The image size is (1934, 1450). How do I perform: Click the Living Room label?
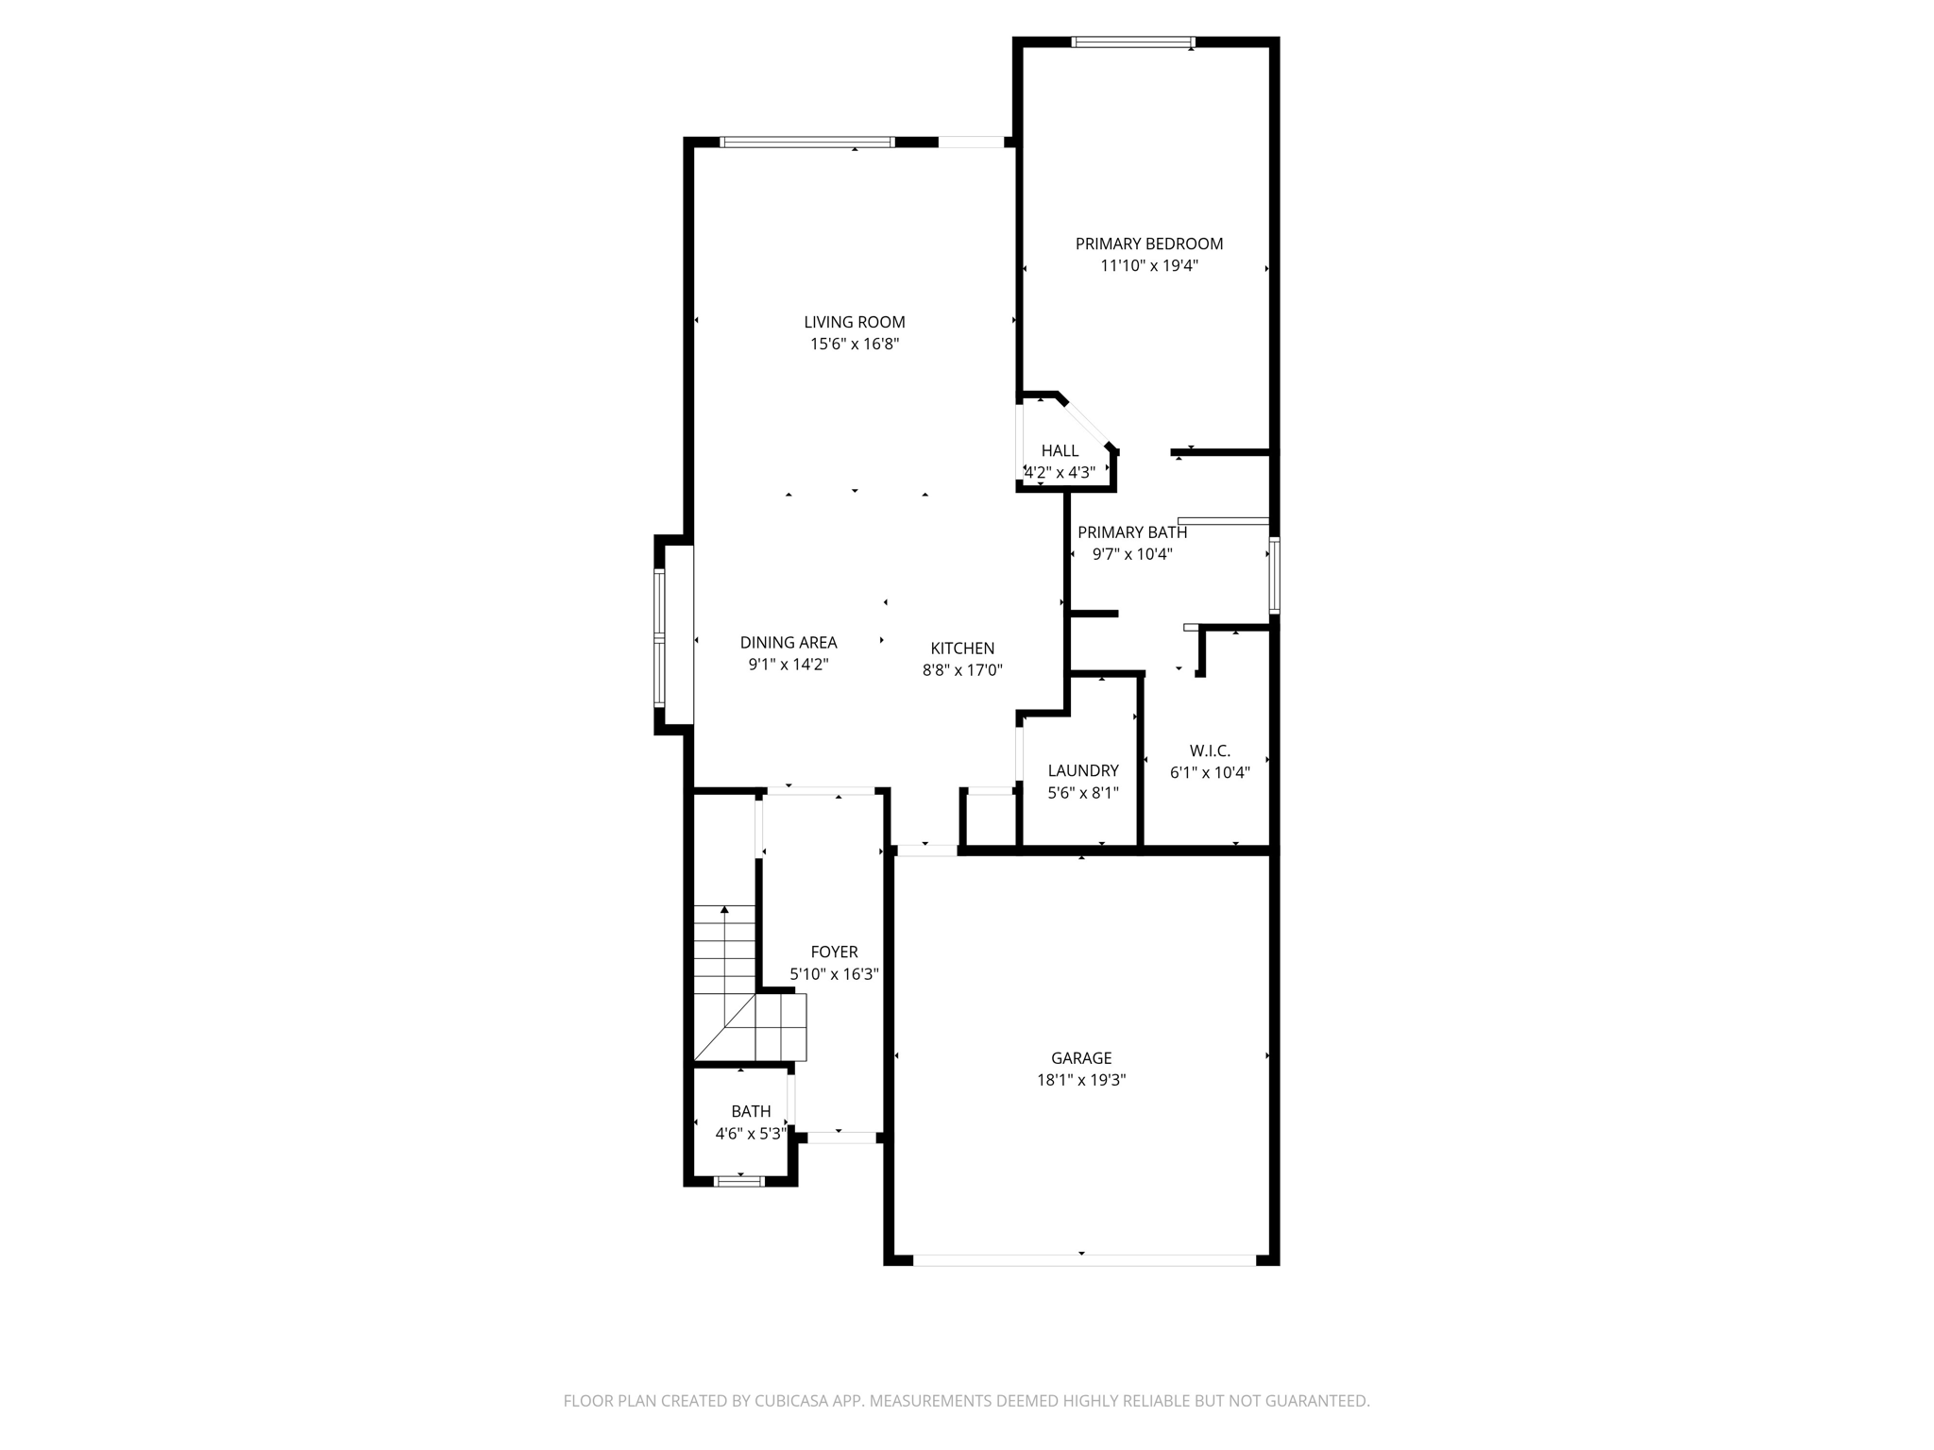click(854, 322)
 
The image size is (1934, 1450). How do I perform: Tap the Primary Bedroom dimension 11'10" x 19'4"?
click(1148, 266)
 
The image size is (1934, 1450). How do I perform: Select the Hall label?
click(1060, 451)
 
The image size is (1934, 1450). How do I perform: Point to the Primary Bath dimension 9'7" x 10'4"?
click(1131, 554)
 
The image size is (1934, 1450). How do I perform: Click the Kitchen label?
click(962, 649)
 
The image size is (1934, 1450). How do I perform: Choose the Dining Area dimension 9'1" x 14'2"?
click(788, 665)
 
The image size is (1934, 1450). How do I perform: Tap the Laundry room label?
click(1082, 770)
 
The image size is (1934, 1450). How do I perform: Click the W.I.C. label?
click(1210, 750)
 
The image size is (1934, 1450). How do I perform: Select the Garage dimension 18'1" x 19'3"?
click(1081, 1080)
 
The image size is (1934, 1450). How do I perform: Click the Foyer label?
click(834, 952)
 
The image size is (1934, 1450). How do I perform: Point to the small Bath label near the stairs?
click(751, 1111)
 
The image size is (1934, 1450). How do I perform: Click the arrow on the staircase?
click(724, 911)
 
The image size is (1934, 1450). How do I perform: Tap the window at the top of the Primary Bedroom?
click(1133, 42)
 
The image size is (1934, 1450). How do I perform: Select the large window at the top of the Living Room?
click(806, 143)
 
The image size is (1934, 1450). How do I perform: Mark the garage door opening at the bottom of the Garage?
click(1084, 1259)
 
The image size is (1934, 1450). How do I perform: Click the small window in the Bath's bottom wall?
click(739, 1180)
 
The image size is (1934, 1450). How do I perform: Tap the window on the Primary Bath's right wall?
click(1274, 575)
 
